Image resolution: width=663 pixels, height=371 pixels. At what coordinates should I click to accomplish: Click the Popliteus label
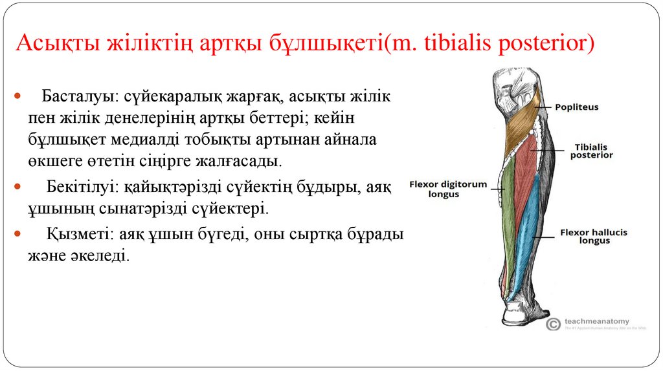[x=576, y=107]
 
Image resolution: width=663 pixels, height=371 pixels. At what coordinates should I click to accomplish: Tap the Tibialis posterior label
[x=591, y=151]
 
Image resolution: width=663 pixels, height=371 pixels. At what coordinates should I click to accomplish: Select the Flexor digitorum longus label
[x=447, y=189]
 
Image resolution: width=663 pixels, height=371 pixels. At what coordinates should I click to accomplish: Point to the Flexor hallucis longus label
[x=594, y=237]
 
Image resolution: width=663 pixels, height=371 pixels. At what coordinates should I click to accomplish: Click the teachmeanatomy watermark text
[x=596, y=321]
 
